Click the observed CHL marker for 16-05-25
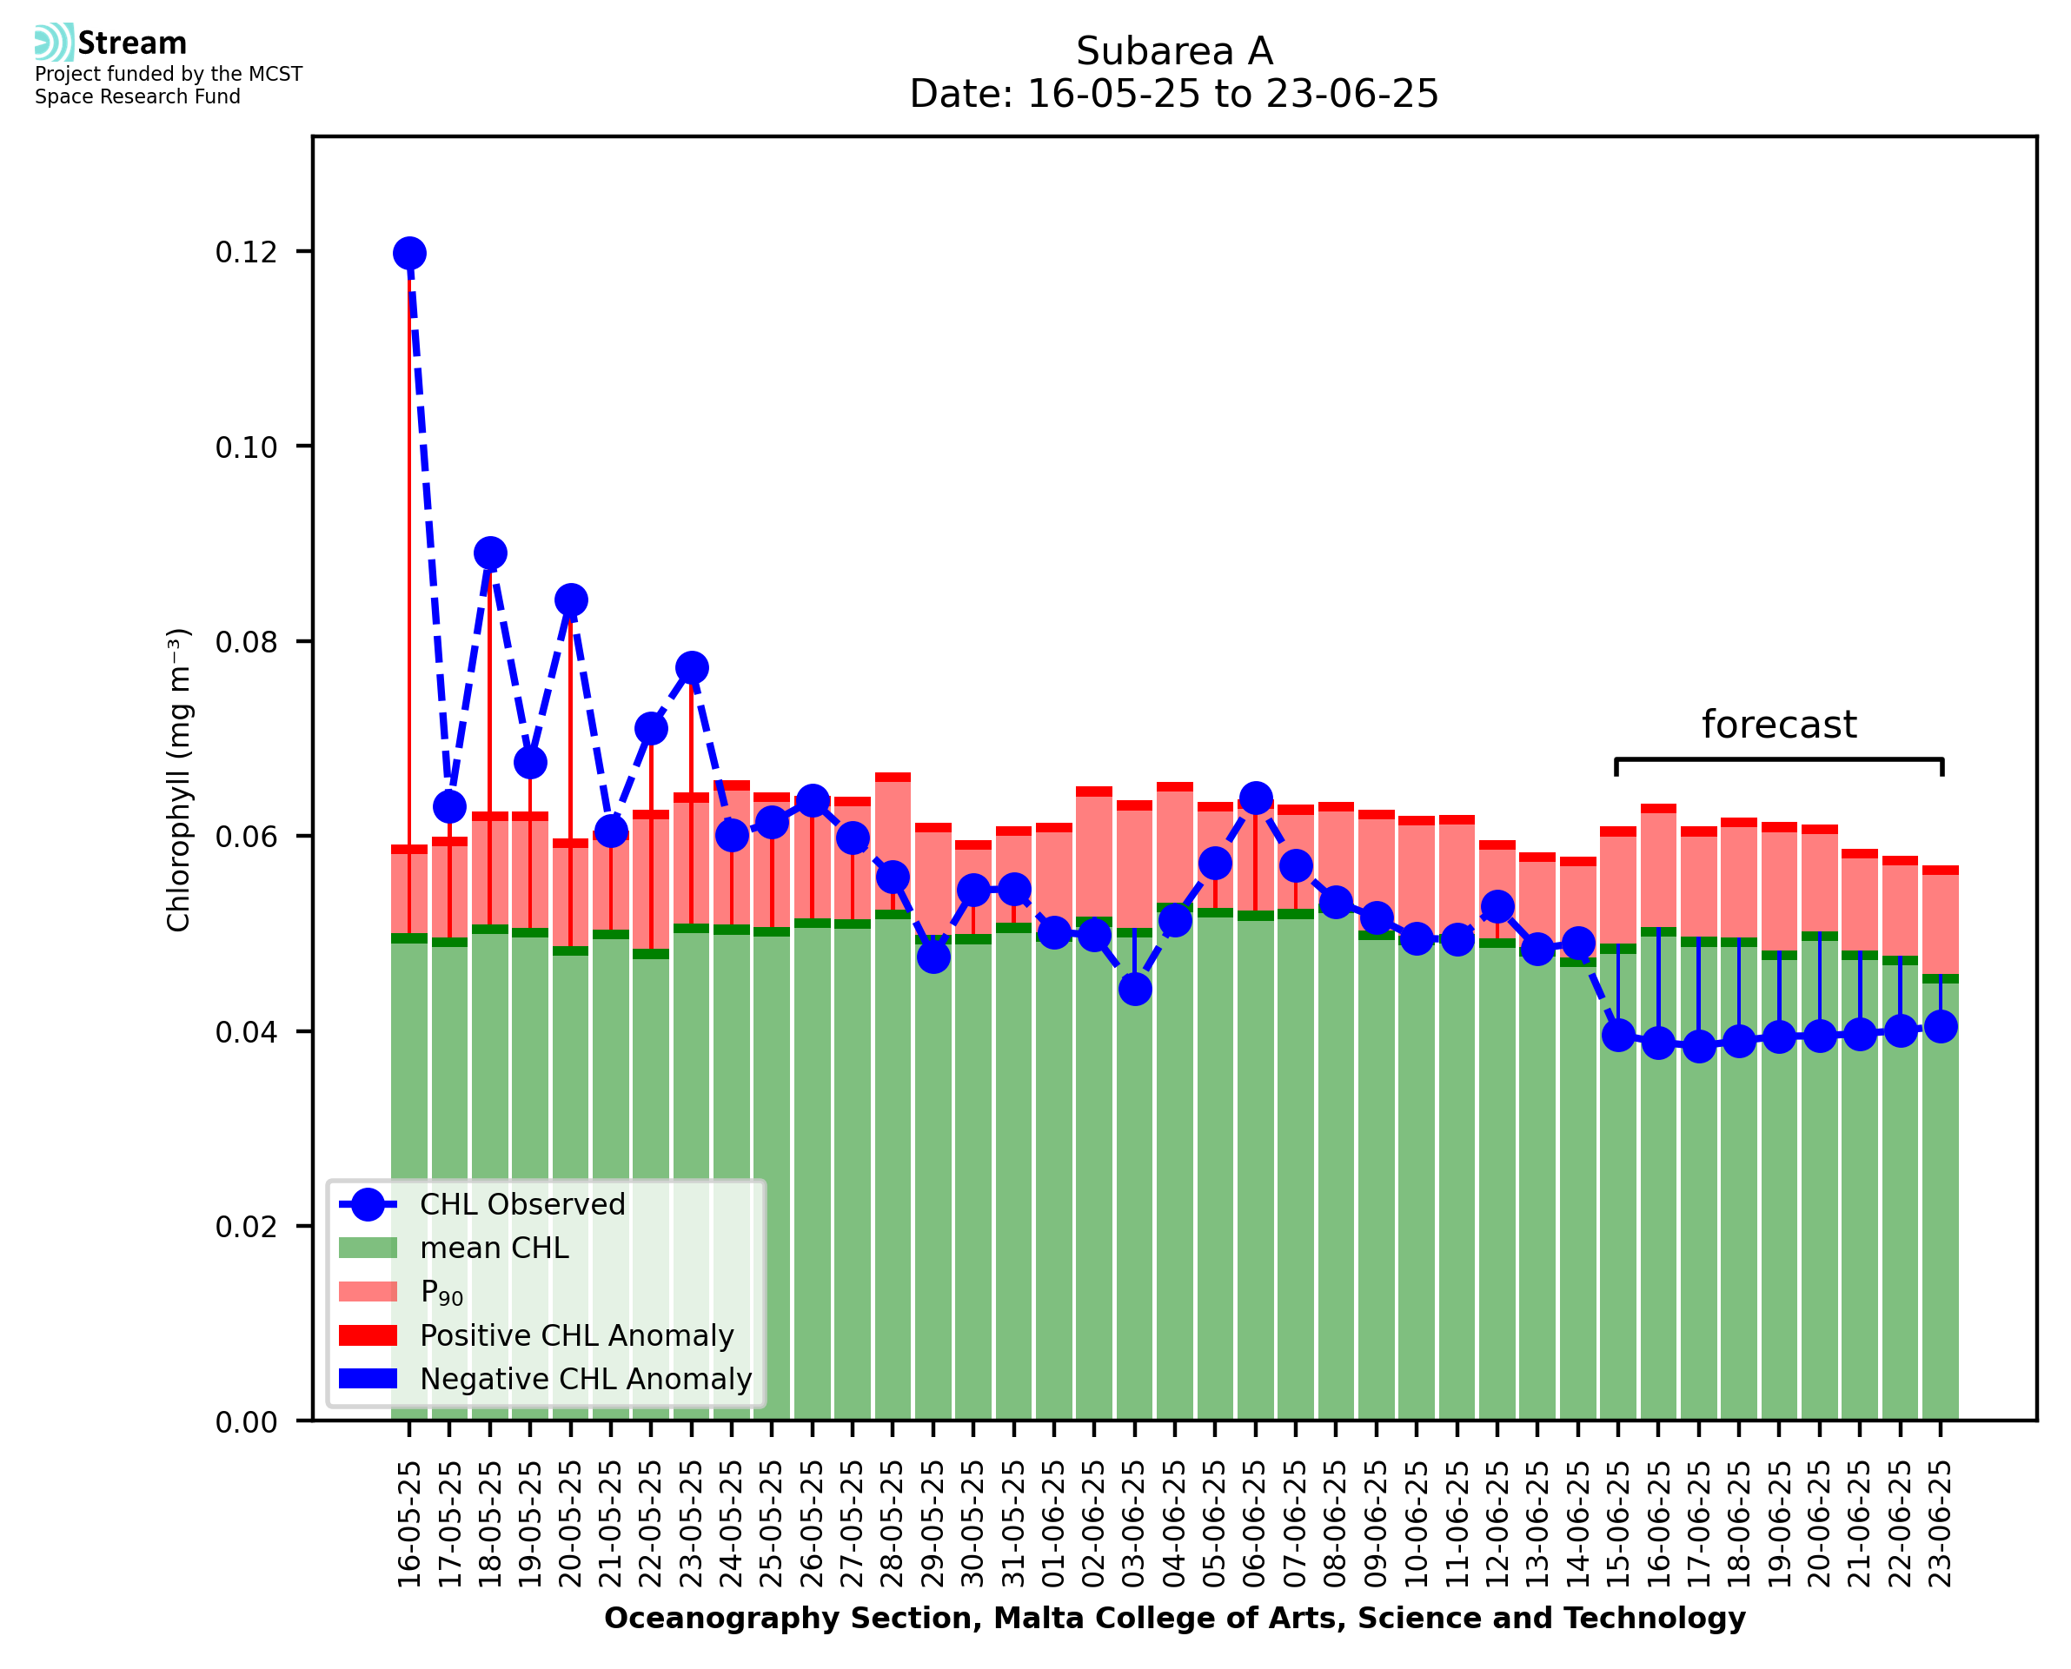(409, 253)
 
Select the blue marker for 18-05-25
(490, 553)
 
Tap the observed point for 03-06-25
(1134, 989)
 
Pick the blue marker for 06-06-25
(1256, 798)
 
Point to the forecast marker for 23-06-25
(1941, 1027)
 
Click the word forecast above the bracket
(1779, 724)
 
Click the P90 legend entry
(441, 1292)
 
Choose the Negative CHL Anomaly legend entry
(585, 1379)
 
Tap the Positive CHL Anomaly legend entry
(576, 1335)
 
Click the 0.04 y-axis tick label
(246, 1031)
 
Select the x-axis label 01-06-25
(1054, 1524)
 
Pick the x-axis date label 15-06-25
(1618, 1524)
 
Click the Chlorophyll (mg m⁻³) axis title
(179, 779)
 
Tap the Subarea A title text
(1174, 51)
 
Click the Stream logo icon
(55, 43)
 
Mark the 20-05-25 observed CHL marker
(571, 599)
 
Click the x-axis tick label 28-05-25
(893, 1524)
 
